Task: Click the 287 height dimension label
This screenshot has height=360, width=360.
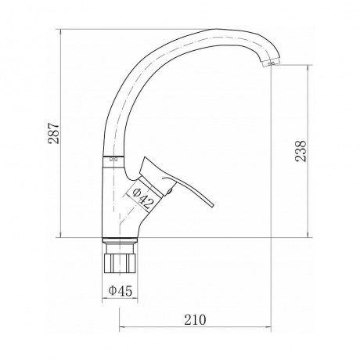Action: (x=54, y=133)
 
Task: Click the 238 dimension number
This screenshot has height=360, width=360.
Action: (x=301, y=151)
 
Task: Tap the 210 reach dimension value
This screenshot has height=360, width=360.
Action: (x=195, y=320)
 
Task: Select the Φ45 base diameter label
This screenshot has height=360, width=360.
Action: (x=121, y=290)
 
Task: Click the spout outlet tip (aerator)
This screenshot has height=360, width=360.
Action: (x=272, y=63)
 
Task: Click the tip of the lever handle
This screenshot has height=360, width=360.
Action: (x=213, y=206)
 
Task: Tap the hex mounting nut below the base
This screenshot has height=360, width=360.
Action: (x=121, y=263)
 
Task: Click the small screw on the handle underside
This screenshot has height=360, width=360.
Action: (x=170, y=191)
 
